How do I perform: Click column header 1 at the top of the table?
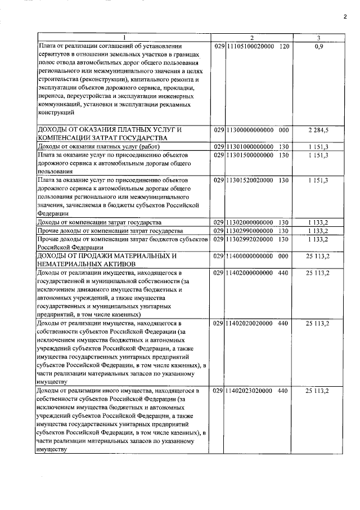click(x=124, y=38)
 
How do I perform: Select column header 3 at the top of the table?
click(x=318, y=38)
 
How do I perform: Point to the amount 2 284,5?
click(x=318, y=130)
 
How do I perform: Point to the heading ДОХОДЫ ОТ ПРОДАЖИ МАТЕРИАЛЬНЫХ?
click(x=107, y=256)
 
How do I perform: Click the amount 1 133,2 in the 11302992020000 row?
click(x=318, y=240)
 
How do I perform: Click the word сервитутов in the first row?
click(x=54, y=53)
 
